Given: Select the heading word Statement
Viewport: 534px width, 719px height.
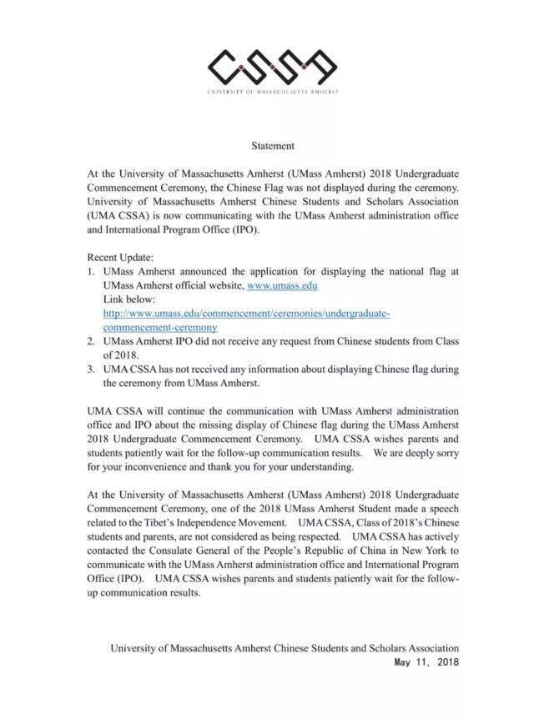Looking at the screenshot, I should [x=273, y=146].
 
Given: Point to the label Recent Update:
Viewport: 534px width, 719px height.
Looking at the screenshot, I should [x=118, y=258].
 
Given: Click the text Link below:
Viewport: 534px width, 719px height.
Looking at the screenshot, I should [x=129, y=299].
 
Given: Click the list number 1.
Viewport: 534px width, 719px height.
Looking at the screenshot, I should [x=92, y=272].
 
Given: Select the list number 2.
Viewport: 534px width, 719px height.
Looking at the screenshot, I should [x=92, y=341].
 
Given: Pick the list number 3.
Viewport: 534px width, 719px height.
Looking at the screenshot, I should [x=92, y=370].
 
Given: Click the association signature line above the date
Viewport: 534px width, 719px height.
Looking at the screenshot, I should [x=285, y=647].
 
